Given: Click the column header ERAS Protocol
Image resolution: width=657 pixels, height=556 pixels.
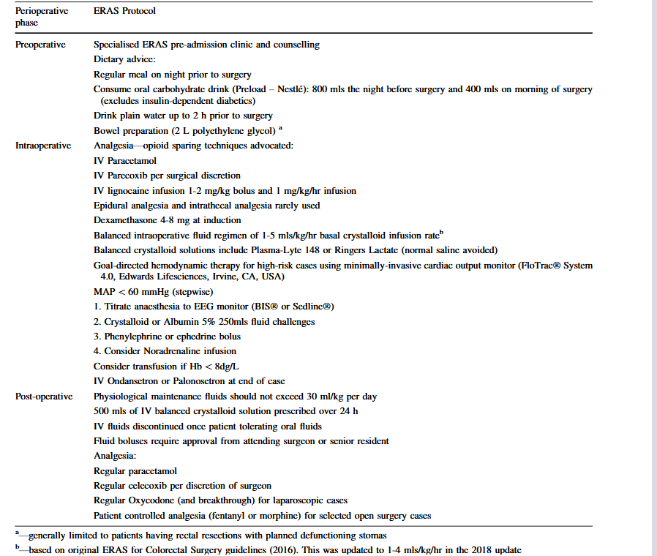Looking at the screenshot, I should [124, 12].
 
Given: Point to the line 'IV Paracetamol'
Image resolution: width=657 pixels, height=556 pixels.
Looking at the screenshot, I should [125, 161].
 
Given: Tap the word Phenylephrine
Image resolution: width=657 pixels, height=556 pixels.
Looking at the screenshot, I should [138, 337].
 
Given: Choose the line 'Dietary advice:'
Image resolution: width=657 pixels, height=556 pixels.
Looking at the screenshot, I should [125, 59].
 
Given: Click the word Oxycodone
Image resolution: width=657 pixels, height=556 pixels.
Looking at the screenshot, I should [153, 500].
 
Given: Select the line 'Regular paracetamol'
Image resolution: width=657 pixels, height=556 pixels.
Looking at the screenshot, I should [135, 471].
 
